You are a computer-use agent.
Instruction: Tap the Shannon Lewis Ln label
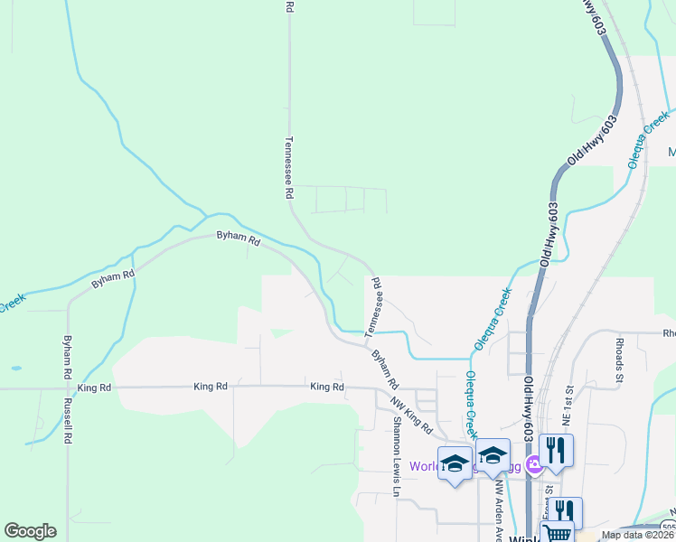click(395, 457)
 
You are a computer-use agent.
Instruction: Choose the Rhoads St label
click(620, 358)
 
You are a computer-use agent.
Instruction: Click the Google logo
click(30, 531)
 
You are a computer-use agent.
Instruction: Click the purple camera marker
click(535, 464)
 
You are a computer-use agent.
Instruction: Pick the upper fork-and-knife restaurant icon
click(556, 449)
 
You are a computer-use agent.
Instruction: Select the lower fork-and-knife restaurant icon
click(567, 510)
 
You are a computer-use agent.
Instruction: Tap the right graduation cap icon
click(493, 456)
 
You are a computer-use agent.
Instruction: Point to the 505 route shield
click(668, 526)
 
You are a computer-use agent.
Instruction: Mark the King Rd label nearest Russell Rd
click(94, 388)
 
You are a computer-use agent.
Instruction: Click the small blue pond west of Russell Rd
click(14, 369)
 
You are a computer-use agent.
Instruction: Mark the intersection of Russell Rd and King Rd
click(68, 389)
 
